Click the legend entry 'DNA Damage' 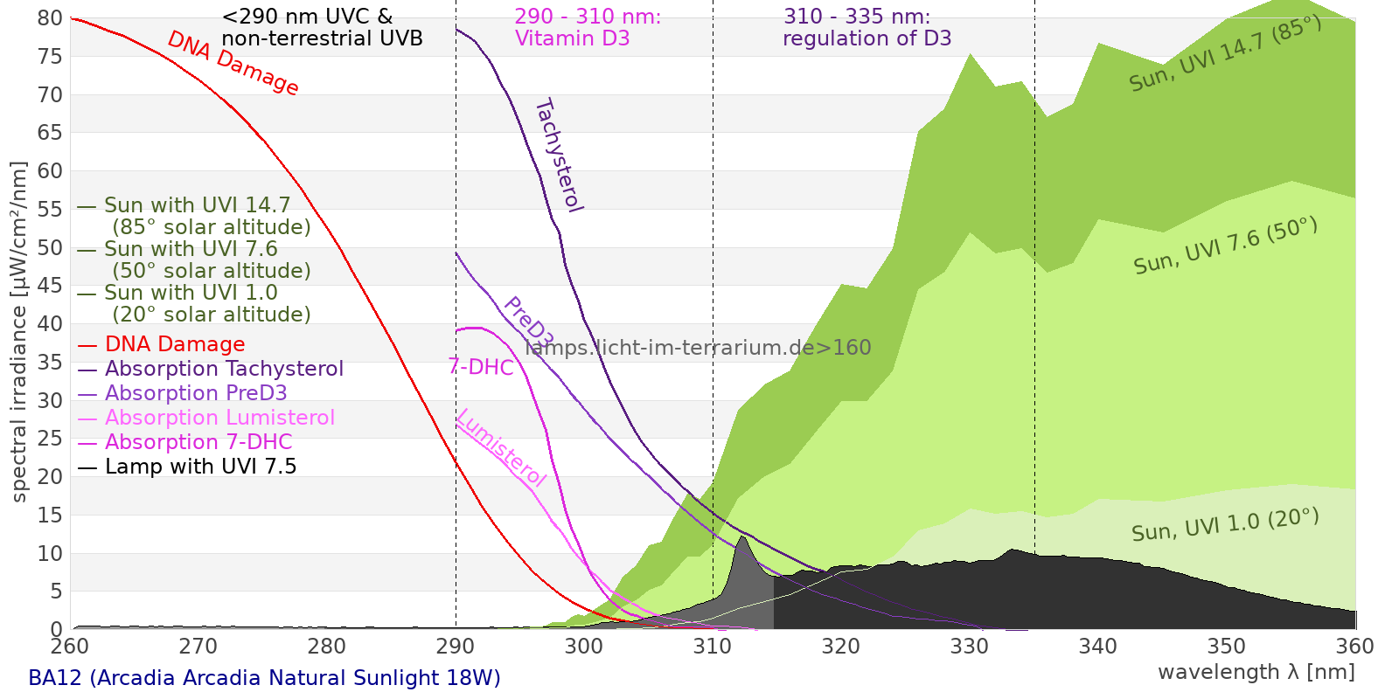pos(175,344)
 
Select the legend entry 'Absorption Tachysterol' pos(224,369)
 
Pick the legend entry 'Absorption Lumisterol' pos(219,418)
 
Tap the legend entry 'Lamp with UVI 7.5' pos(200,467)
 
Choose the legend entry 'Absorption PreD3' pos(196,393)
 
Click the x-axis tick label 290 pos(456,647)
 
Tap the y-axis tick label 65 pos(50,133)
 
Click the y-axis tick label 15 pos(50,515)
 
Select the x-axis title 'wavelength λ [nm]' pos(1256,672)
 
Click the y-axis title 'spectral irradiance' pos(19,332)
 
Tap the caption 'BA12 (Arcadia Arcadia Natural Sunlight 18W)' pos(264,678)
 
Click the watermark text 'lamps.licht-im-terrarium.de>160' pos(698,348)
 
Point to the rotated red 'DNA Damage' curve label pos(233,63)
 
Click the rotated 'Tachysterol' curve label pos(558,156)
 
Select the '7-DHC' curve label pos(481,367)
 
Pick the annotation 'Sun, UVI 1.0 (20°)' pos(1225,525)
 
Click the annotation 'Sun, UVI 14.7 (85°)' pos(1225,53)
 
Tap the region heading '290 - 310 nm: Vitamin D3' pos(588,28)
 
